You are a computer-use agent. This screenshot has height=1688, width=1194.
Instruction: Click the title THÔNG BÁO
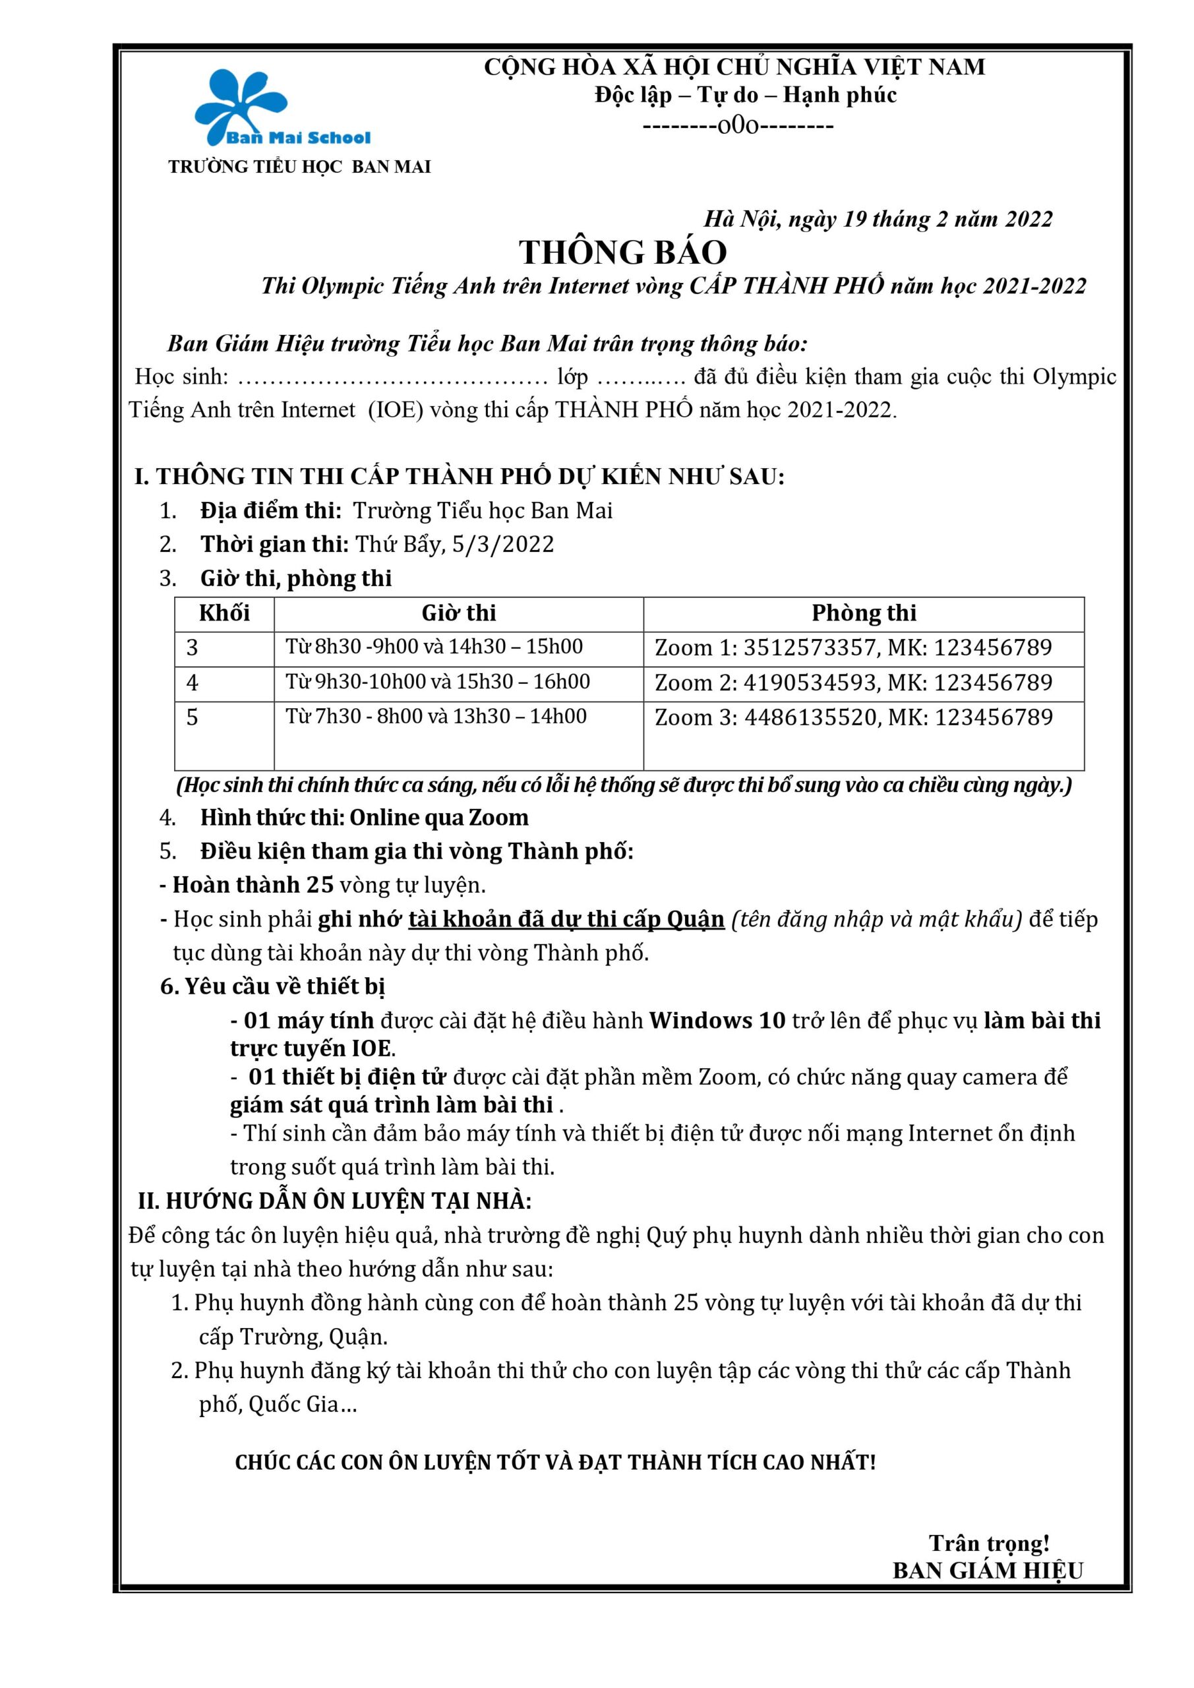[x=623, y=252]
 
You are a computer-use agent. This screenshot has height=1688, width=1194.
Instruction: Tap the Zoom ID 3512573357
[x=809, y=648]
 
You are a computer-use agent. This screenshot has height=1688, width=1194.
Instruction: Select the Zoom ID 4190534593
[x=810, y=683]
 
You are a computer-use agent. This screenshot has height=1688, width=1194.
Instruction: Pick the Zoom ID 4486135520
[x=810, y=717]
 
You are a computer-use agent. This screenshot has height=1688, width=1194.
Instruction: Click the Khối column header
[x=224, y=613]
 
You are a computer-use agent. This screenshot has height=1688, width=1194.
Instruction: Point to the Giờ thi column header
[x=459, y=613]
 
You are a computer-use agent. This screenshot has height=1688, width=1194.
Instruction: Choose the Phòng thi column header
[x=864, y=613]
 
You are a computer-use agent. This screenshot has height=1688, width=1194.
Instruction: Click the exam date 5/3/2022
[x=503, y=544]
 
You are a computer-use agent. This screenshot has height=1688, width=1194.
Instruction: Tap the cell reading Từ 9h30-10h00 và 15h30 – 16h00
[x=438, y=682]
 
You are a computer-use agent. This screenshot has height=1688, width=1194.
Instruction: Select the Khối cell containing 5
[x=193, y=717]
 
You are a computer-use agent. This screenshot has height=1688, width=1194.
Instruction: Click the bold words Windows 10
[x=717, y=1021]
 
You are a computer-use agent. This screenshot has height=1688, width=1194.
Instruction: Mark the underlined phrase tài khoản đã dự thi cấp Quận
[x=566, y=919]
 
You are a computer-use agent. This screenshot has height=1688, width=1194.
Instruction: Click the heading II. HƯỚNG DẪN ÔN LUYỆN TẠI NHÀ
[x=334, y=1201]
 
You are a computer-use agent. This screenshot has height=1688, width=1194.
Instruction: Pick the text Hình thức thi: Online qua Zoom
[x=364, y=818]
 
